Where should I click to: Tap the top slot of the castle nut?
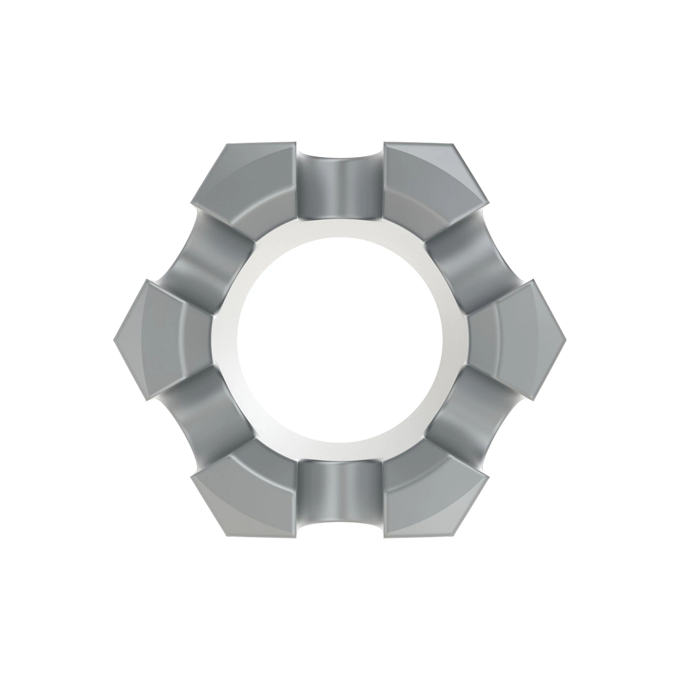coord(340,181)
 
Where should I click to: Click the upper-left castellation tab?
coord(244,176)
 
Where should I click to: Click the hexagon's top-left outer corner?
coord(227,144)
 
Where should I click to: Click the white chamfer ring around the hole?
coord(224,340)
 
